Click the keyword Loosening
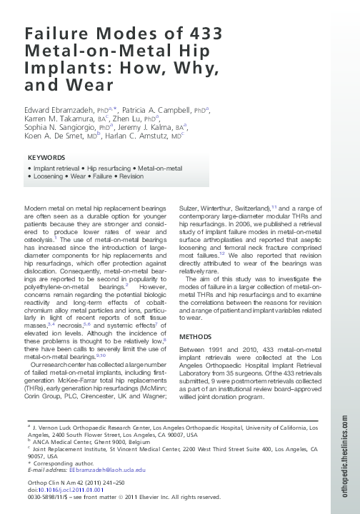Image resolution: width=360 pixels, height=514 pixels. pyautogui.click(x=46, y=176)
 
